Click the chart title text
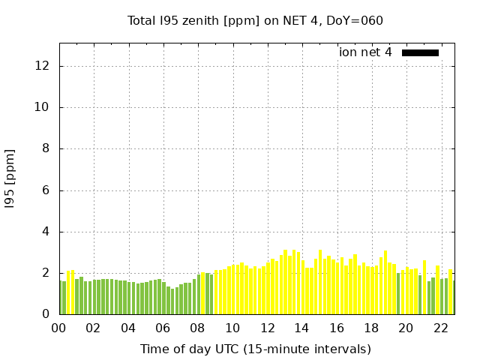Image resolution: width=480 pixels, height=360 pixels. click(x=255, y=20)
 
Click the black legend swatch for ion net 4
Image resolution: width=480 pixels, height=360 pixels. click(x=420, y=52)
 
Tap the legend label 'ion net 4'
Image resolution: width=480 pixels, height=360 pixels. click(x=365, y=52)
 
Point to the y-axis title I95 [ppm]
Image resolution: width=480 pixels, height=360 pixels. click(x=10, y=178)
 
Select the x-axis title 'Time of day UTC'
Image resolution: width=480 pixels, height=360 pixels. click(x=255, y=349)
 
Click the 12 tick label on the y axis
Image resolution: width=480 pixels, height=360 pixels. click(x=43, y=66)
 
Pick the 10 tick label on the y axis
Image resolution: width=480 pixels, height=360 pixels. click(x=43, y=107)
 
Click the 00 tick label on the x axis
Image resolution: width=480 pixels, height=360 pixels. click(x=58, y=328)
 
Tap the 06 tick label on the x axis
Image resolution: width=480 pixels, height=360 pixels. click(x=163, y=328)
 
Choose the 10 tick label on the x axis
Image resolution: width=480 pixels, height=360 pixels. click(x=232, y=328)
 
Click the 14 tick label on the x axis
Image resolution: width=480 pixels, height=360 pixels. click(x=301, y=328)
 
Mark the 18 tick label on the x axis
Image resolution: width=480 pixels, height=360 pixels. click(x=371, y=328)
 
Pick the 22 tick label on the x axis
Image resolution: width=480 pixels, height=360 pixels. click(x=440, y=328)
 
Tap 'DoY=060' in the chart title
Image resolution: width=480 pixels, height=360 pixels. click(x=358, y=20)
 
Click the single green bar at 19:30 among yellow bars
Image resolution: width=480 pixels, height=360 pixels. click(x=398, y=293)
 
